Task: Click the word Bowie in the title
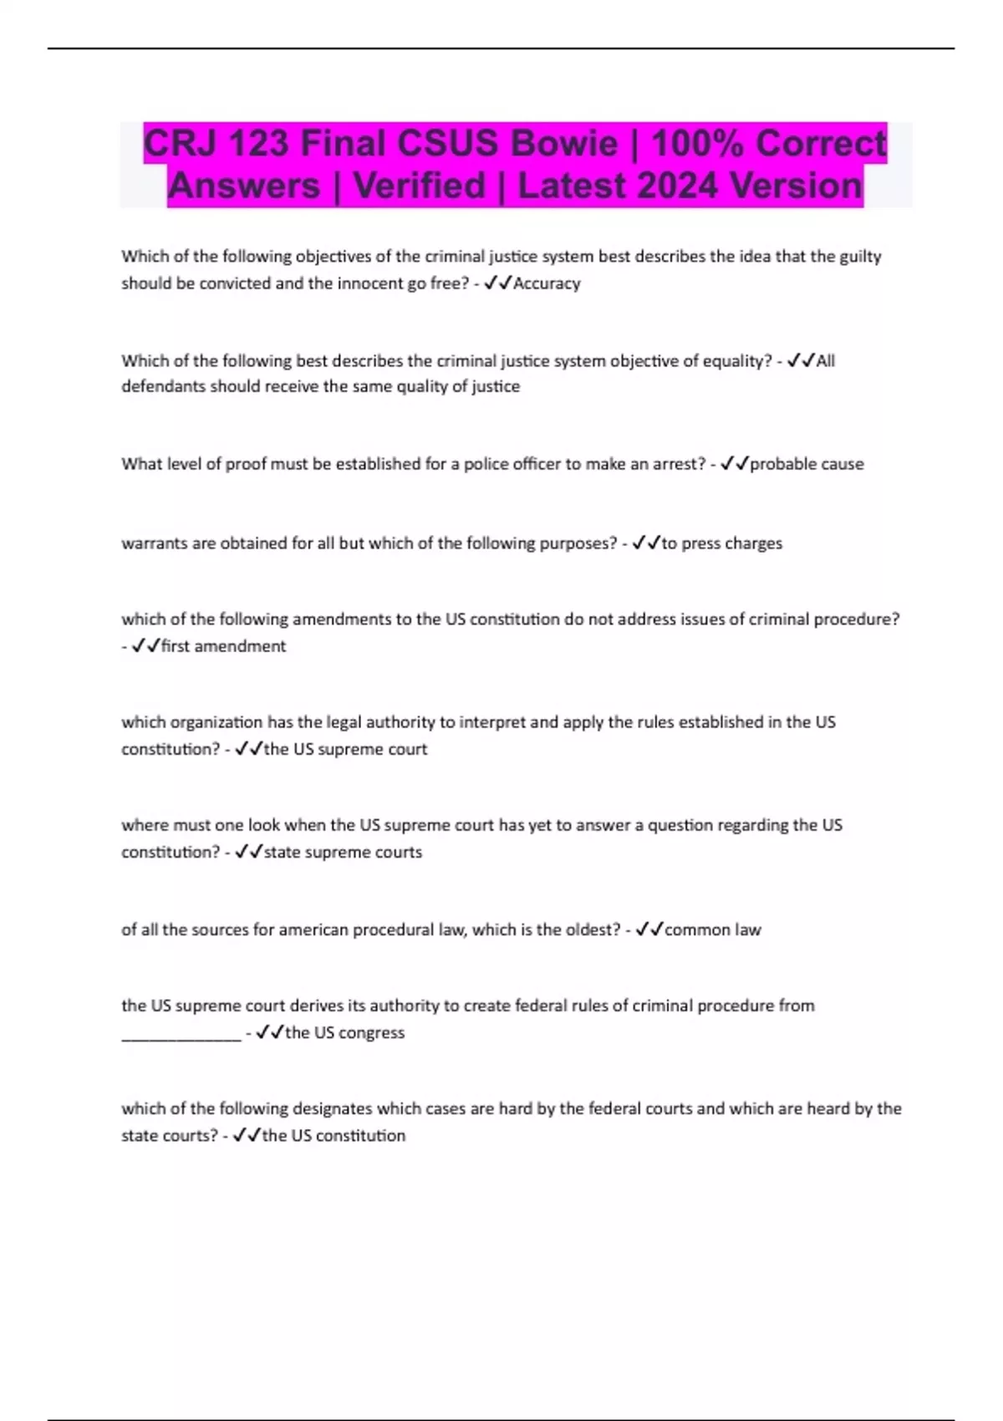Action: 563,144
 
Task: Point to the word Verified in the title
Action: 419,186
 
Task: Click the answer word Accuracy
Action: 547,283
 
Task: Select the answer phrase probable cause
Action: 807,464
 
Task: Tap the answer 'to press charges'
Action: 722,543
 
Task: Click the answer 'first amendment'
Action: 223,646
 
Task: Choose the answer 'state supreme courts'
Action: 343,853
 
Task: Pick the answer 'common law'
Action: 712,930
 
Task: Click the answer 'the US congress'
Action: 344,1032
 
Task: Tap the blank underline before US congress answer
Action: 181,1036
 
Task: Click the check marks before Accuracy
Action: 498,283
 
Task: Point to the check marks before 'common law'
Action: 649,930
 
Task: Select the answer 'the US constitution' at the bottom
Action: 333,1136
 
